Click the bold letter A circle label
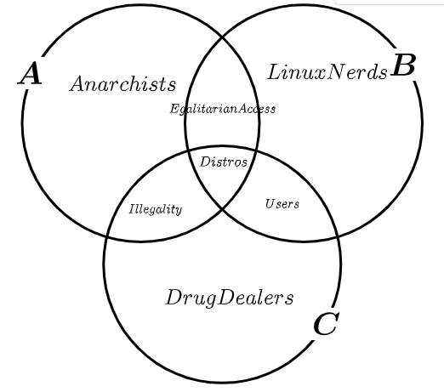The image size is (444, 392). click(30, 73)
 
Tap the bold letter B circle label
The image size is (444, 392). click(403, 65)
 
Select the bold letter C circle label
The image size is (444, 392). click(327, 323)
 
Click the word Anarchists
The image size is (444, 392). click(122, 84)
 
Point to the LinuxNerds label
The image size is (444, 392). click(327, 72)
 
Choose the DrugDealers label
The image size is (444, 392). click(230, 298)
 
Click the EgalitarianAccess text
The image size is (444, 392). click(223, 109)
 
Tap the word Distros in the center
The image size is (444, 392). click(224, 162)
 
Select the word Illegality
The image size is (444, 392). click(156, 209)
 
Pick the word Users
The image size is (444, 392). click(282, 204)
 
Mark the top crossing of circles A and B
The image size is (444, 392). click(222, 37)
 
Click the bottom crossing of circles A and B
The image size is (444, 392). click(222, 209)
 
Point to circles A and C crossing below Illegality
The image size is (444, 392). click(107, 236)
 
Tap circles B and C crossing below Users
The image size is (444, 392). click(338, 236)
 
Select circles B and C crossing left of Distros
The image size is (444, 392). click(189, 153)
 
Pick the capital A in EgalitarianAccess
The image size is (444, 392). click(242, 109)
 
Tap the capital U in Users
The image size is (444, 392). click(270, 203)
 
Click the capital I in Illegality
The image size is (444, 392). click(132, 209)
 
